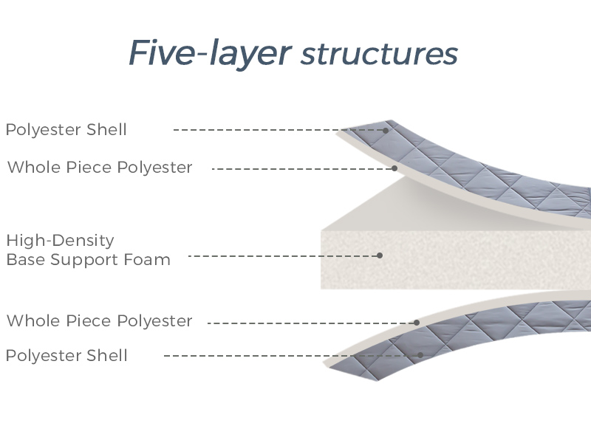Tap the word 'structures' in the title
tap(380, 54)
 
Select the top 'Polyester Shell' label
tap(66, 130)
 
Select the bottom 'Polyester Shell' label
tap(66, 356)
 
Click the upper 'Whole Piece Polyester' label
tap(100, 168)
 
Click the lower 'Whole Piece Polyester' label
tap(100, 321)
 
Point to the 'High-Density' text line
tap(61, 241)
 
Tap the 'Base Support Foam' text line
tap(88, 260)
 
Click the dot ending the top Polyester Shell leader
tap(386, 130)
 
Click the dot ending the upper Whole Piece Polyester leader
tap(394, 168)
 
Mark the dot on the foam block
tap(380, 255)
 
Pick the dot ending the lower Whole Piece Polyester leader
tap(417, 323)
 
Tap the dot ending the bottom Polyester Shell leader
tap(420, 355)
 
